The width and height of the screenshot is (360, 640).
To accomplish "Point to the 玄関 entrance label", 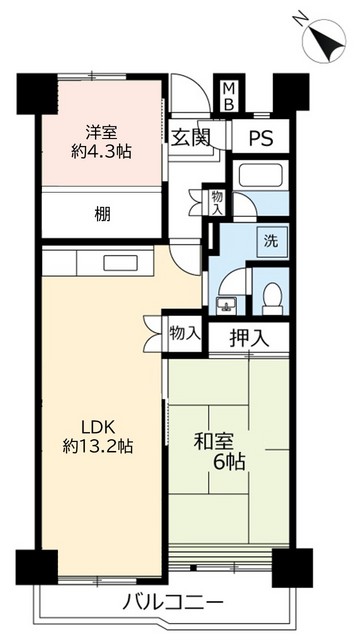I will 188,138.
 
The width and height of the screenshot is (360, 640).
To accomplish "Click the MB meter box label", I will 228,96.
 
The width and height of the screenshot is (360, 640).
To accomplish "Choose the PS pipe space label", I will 262,138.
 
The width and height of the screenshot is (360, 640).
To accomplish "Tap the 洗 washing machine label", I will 270,240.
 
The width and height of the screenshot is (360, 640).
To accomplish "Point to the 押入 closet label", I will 249,338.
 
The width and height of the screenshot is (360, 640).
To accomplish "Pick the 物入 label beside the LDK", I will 184,330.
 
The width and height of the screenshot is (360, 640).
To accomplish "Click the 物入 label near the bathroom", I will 217,202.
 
